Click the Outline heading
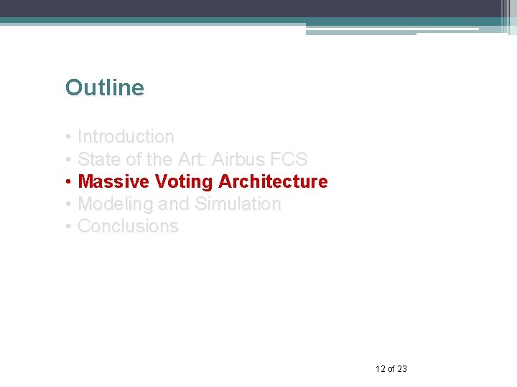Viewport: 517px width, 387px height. (x=104, y=88)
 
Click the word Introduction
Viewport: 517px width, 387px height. (x=126, y=137)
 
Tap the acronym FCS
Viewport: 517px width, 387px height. (x=289, y=159)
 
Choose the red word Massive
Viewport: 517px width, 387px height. (x=109, y=181)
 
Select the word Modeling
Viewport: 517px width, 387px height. (x=115, y=204)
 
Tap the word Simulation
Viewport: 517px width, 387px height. (x=238, y=204)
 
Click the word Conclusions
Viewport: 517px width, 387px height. (x=128, y=226)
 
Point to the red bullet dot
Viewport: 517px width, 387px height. (x=67, y=182)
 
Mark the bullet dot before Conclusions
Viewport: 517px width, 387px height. (x=67, y=227)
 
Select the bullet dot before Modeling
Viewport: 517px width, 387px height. (x=67, y=205)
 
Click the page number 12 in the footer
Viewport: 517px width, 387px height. (x=380, y=369)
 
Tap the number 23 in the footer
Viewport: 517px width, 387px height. (x=401, y=369)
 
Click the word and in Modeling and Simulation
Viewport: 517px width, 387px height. (x=174, y=204)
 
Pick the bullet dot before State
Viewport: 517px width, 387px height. (x=67, y=160)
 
